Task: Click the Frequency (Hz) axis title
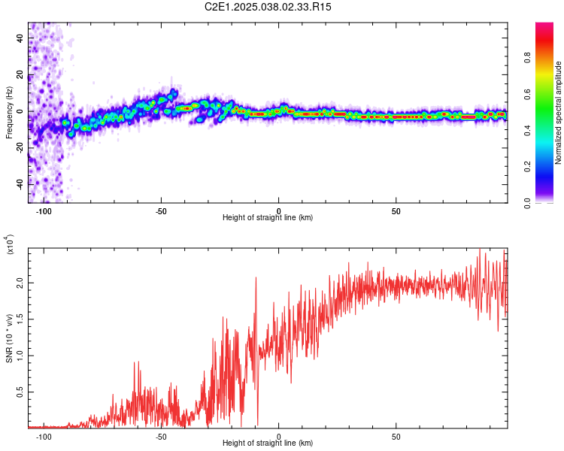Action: [9, 113]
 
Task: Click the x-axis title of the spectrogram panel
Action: [268, 218]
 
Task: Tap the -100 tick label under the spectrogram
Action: [44, 210]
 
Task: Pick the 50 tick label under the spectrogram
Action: [396, 210]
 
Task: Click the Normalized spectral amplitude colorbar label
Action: [559, 113]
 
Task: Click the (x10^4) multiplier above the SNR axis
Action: [11, 244]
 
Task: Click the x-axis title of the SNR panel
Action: [268, 443]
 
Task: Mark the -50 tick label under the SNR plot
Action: [161, 436]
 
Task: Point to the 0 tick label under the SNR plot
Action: [279, 436]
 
